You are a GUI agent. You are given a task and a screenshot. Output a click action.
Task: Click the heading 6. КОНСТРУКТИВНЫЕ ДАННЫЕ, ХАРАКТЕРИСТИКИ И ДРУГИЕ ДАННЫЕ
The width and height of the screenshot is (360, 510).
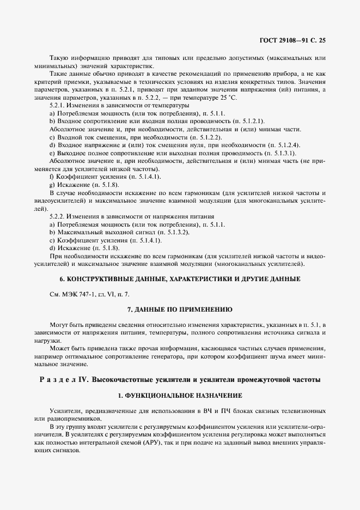click(180, 278)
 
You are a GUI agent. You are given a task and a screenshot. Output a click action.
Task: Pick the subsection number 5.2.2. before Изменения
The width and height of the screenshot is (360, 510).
click(59, 216)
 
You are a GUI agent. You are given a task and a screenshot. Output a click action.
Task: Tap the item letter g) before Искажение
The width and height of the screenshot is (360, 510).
click(52, 185)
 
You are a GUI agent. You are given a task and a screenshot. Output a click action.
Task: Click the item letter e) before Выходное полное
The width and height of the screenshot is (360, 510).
click(52, 153)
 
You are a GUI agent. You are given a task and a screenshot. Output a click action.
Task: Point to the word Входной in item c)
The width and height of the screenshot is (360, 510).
click(69, 138)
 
